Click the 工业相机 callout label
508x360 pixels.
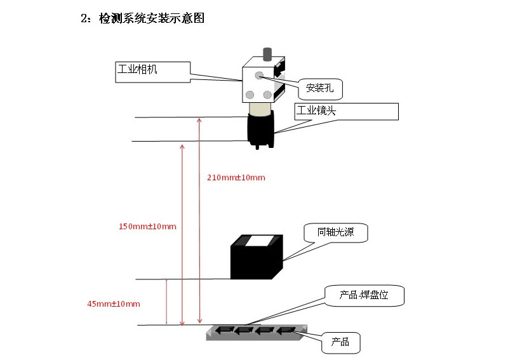153,71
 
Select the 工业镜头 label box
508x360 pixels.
346,112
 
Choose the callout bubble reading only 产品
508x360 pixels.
341,342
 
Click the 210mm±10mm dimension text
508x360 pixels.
236,177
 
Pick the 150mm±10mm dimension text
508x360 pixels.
147,225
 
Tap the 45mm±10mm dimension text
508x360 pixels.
113,303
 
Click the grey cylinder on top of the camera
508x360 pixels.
267,53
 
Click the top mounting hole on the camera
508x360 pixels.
259,76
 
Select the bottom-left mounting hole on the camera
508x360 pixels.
250,95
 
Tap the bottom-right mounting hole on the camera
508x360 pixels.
267,95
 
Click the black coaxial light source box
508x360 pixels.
254,262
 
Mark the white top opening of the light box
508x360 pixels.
258,240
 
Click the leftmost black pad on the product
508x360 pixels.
223,330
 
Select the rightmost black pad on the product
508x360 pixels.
288,330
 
